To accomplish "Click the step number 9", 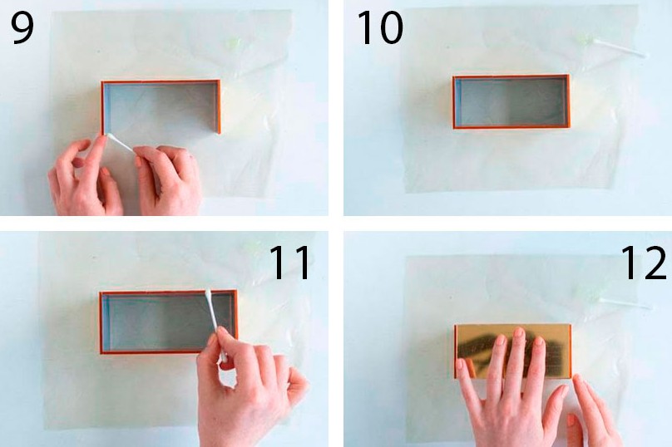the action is pos(22,27).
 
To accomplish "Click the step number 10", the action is pos(380,27).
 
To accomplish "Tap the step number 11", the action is pos(289,263).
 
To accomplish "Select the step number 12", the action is pos(643,263).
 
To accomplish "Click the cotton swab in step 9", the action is pos(121,143).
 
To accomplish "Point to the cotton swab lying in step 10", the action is pos(620,48).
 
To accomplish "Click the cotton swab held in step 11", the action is pos(215,326).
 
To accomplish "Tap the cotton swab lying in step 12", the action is pos(625,303).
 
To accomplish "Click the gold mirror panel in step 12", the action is pos(512,351).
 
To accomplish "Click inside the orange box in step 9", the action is pos(160,107).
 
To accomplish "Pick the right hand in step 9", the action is pos(167,179).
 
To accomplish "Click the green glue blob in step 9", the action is pos(234,43).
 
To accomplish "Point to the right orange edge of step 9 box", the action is pos(219,106).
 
